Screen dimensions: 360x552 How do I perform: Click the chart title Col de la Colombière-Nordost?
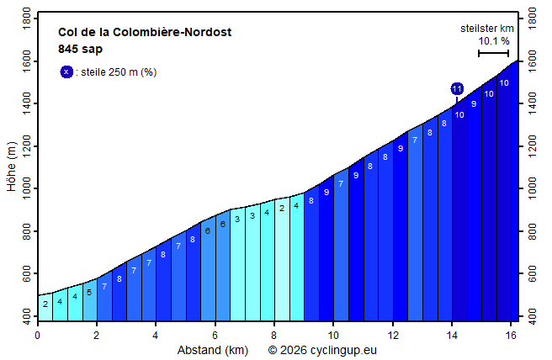[x=145, y=33]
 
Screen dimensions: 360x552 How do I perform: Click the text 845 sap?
[x=80, y=49]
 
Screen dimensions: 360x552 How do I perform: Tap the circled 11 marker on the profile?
[x=457, y=88]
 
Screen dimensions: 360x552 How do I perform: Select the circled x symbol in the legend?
[x=66, y=71]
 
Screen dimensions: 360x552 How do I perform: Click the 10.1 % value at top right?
[x=494, y=40]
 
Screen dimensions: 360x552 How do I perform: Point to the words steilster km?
[x=487, y=28]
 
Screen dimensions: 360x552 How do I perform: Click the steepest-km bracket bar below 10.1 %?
[x=493, y=53]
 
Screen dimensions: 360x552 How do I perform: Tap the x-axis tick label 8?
[x=274, y=335]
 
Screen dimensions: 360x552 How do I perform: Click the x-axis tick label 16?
[x=511, y=335]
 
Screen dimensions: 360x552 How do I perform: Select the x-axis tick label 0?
[x=37, y=335]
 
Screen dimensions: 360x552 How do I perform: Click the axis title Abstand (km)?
[x=212, y=349]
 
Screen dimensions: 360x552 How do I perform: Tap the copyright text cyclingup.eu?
[x=322, y=349]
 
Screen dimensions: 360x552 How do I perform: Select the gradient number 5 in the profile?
[x=89, y=293]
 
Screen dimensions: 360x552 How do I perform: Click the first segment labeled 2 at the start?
[x=45, y=304]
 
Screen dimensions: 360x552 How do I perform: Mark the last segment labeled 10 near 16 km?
[x=503, y=82]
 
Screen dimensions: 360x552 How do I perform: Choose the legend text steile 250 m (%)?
[x=116, y=72]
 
